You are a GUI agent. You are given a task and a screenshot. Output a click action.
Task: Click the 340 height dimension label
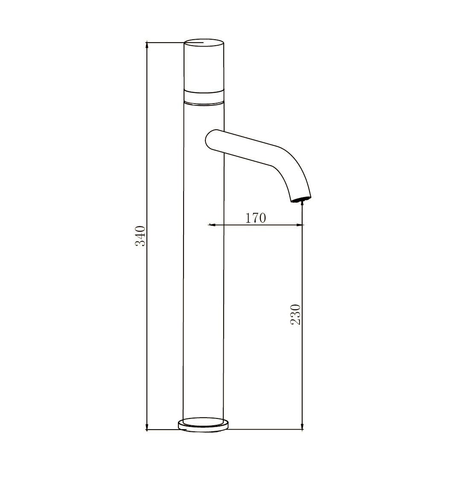click(141, 236)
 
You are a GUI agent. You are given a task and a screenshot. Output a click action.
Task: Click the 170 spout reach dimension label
click(255, 218)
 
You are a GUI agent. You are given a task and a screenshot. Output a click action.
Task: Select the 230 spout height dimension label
click(296, 314)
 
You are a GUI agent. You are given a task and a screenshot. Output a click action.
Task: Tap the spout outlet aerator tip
click(301, 199)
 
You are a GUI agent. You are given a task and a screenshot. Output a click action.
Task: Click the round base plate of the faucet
click(203, 425)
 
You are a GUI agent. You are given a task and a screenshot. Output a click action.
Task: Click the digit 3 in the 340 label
click(141, 243)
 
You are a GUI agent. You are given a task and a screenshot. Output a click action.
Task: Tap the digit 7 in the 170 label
click(255, 218)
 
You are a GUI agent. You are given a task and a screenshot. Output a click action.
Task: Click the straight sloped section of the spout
click(243, 148)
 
